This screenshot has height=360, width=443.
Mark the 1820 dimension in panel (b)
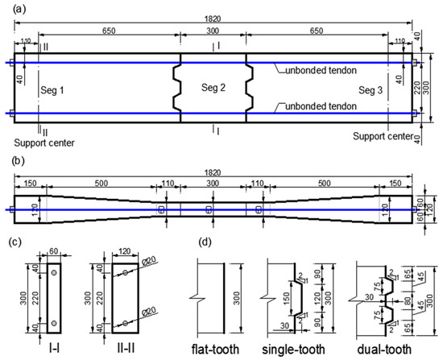point(213,172)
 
